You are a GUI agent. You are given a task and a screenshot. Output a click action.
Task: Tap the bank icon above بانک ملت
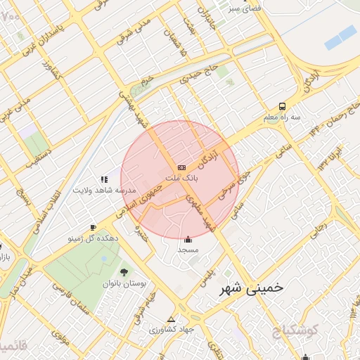[x=182, y=167]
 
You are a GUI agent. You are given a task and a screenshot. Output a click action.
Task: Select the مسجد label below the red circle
[x=188, y=250]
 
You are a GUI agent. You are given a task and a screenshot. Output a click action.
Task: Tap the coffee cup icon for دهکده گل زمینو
[x=93, y=227]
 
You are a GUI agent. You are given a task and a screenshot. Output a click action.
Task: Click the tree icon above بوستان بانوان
[x=124, y=271]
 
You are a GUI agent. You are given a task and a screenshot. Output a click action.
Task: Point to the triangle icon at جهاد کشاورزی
[x=171, y=318]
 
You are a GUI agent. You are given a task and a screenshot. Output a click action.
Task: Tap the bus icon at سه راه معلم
[x=282, y=106]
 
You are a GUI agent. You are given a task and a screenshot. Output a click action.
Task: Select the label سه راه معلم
[x=282, y=117]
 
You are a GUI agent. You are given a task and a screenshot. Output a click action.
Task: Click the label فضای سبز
[x=242, y=9]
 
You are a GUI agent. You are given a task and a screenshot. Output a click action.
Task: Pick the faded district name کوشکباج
[x=292, y=329]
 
